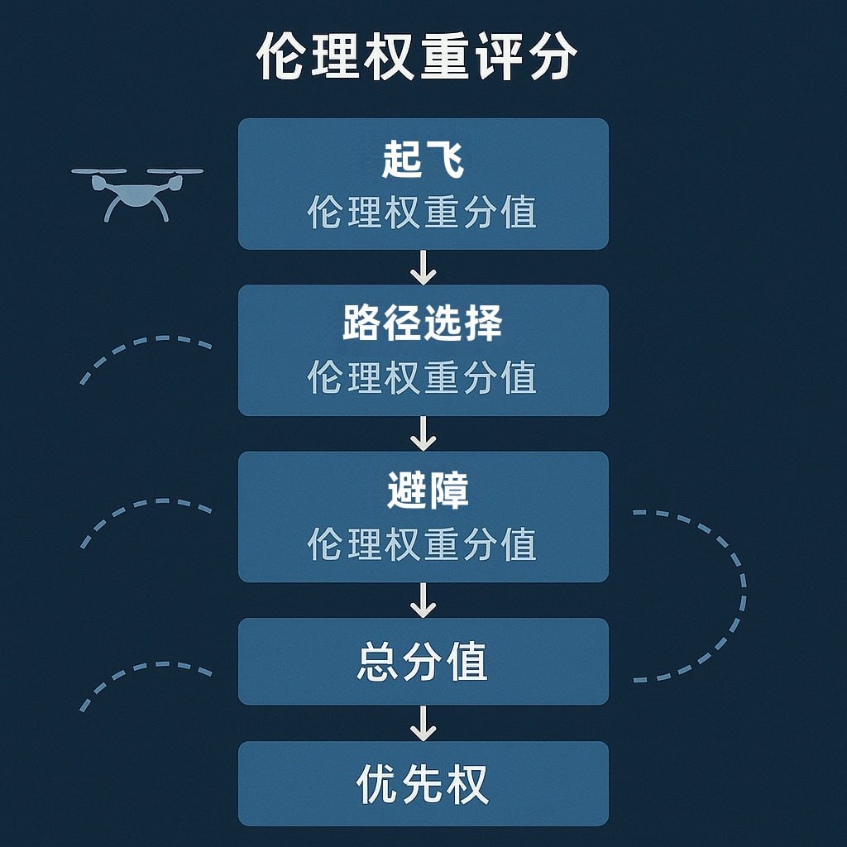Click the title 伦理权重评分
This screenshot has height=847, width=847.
[417, 58]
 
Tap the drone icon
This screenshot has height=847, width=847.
[137, 193]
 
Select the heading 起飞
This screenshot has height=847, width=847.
[423, 160]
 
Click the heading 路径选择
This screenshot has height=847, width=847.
[423, 324]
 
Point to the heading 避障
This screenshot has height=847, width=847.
[427, 490]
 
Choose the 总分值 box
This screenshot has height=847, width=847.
[423, 662]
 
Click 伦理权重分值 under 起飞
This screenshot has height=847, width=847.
[423, 213]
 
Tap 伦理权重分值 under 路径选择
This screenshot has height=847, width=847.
[423, 378]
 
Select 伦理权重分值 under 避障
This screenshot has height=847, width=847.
[423, 544]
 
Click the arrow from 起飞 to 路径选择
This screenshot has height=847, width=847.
[423, 267]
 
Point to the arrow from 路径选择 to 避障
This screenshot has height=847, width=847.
[423, 433]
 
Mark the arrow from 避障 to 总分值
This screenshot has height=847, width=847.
[423, 600]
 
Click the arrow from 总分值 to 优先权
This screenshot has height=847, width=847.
[423, 723]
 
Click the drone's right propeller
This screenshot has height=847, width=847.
[175, 172]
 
